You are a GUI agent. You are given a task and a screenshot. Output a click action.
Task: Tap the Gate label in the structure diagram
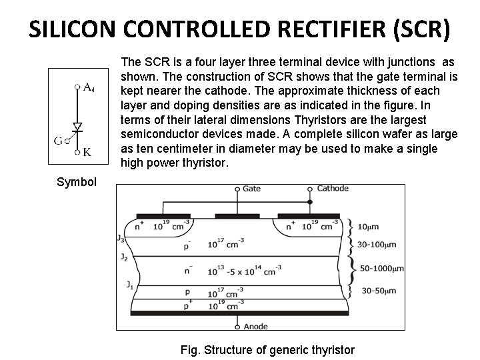pos(251,189)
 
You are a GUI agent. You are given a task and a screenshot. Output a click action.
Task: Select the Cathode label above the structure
pos(332,189)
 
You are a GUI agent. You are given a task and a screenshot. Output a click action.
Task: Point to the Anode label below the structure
pos(256,326)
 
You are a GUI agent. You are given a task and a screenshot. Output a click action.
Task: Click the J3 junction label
pos(120,237)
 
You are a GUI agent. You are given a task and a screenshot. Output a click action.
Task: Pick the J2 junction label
pos(123,257)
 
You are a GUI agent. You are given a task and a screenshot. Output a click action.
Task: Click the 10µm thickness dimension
pos(368,226)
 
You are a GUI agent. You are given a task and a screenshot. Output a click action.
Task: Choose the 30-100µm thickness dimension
pos(377,245)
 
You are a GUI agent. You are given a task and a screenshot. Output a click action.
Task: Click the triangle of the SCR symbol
pos(77,126)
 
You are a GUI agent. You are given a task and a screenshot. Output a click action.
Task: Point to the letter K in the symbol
pos(87,152)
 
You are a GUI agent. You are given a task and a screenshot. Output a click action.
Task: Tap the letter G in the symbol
pos(58,141)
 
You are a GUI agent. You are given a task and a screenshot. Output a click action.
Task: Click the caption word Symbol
pos(77,182)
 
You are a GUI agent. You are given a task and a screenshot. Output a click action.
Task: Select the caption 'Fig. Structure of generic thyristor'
pos(267,349)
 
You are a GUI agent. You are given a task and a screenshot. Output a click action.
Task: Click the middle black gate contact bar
pos(237,216)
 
